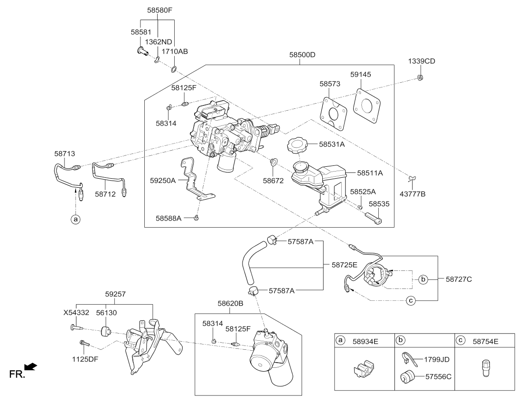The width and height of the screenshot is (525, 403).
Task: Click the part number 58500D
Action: pos(302,55)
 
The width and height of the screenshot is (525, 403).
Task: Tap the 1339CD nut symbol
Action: pos(420,77)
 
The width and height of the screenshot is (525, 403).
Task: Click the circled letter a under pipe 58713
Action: pos(74,219)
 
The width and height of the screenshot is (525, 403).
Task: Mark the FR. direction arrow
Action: pos(30,366)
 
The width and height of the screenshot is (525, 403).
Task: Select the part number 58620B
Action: pos(230,302)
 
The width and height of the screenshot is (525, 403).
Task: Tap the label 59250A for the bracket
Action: pos(163,181)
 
